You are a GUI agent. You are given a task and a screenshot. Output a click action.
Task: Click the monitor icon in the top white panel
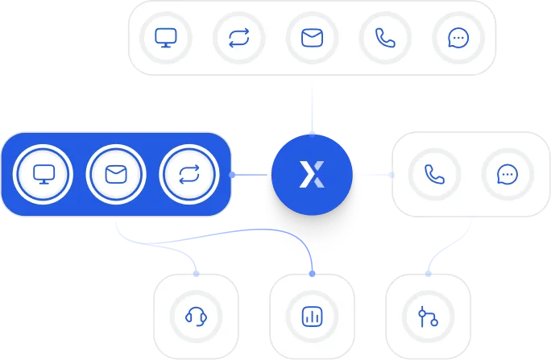(165, 37)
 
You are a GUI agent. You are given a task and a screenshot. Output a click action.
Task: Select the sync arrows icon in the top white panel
(238, 37)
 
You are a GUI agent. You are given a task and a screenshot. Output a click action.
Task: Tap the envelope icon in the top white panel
(312, 37)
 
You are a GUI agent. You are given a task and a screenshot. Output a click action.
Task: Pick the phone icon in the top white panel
(385, 37)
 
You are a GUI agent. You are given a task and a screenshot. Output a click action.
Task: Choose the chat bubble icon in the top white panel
(458, 37)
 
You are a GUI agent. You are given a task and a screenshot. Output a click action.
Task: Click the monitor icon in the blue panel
(43, 174)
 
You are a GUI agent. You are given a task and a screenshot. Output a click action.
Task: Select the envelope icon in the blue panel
(116, 174)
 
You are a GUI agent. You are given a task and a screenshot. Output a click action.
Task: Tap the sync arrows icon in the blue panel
(189, 174)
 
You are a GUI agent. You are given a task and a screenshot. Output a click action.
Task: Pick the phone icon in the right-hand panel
(434, 174)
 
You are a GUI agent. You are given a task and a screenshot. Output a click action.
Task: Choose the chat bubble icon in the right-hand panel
(507, 174)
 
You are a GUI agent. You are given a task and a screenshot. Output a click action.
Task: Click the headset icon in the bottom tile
(196, 316)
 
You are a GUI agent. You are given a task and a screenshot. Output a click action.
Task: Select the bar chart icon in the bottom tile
(312, 316)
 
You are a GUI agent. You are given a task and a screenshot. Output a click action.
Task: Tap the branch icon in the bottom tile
(428, 316)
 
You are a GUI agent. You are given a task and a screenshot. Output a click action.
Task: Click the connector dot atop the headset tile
(197, 273)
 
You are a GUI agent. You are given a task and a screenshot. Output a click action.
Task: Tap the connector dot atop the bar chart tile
(312, 273)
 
